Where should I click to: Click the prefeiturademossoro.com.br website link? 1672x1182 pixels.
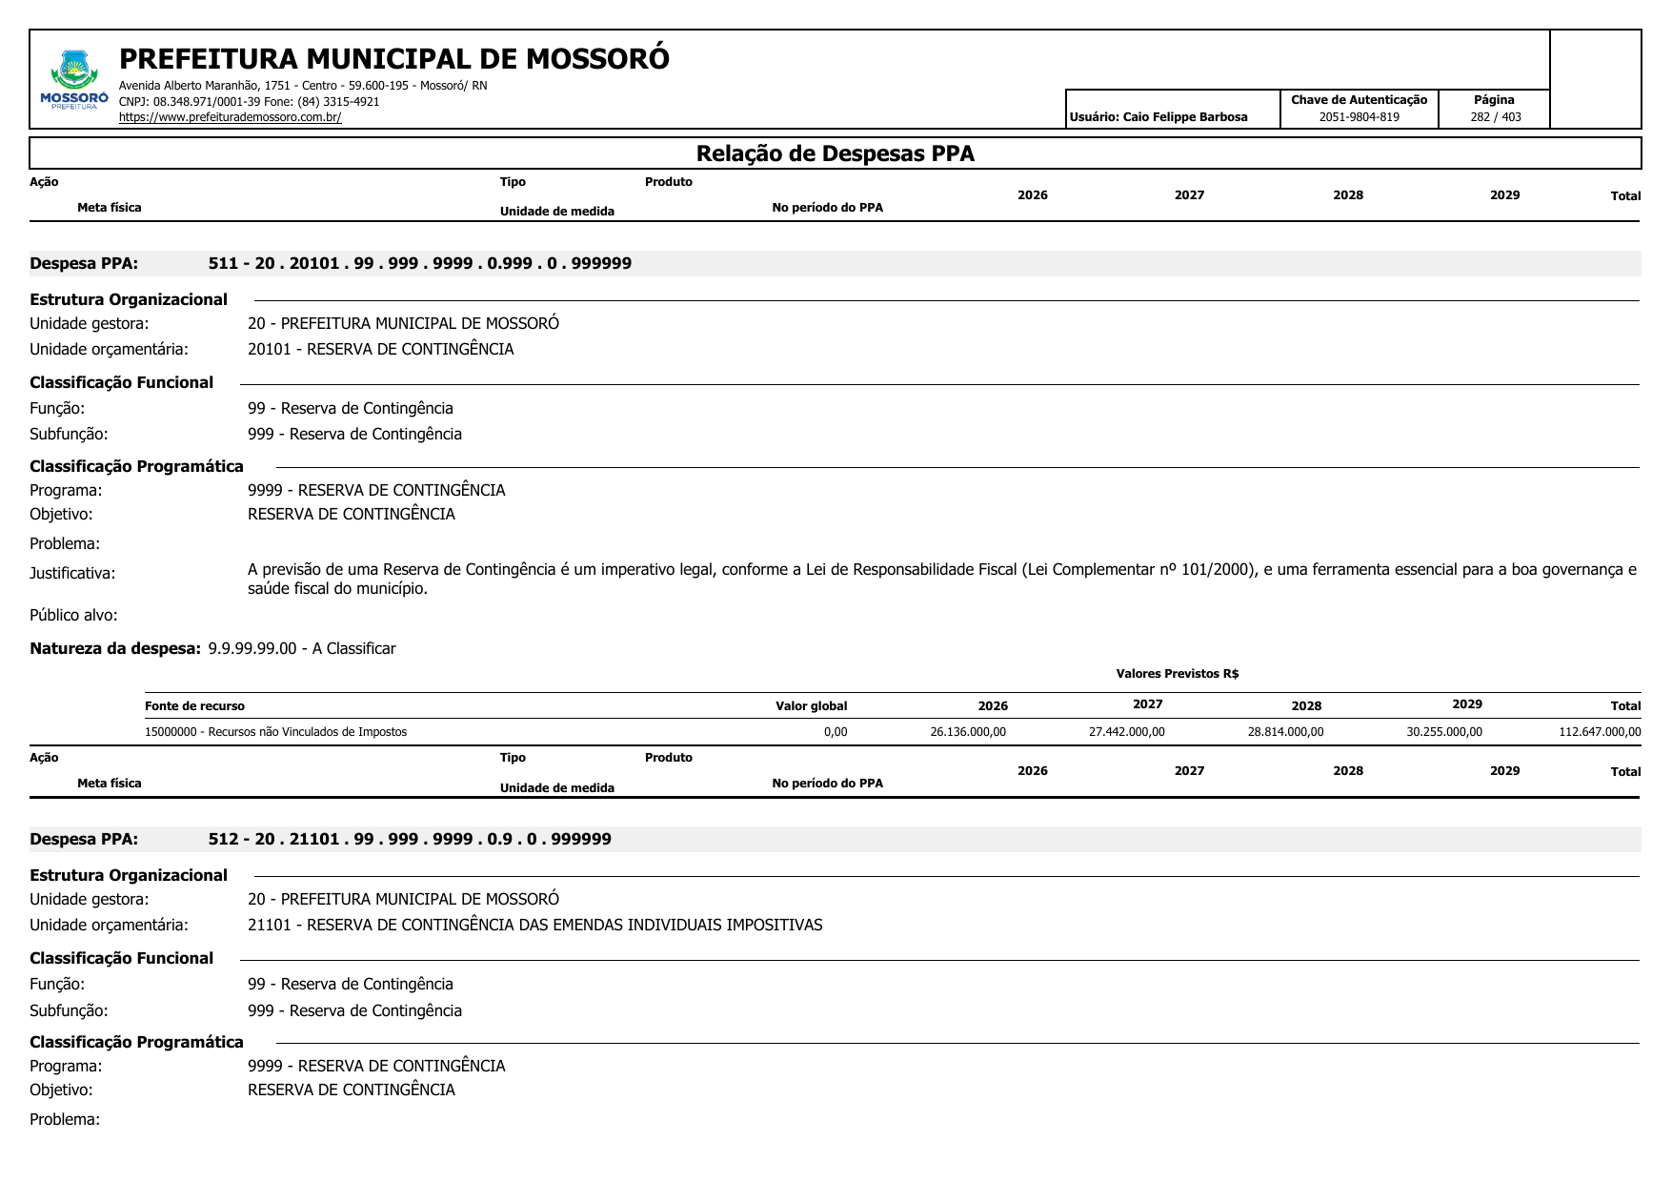[x=230, y=117]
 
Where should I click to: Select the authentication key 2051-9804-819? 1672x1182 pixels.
[x=1359, y=117]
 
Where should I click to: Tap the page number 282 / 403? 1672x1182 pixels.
[x=1495, y=117]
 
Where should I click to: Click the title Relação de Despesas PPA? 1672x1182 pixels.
[x=835, y=153]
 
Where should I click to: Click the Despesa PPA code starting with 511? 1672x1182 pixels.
[x=419, y=263]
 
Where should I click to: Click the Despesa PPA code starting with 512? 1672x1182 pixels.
[x=410, y=839]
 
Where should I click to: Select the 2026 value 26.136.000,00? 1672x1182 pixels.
[x=967, y=732]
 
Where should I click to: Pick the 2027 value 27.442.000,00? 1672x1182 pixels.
[x=1126, y=732]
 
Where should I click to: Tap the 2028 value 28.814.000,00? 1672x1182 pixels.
[x=1285, y=732]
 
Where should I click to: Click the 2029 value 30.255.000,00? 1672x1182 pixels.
[x=1444, y=732]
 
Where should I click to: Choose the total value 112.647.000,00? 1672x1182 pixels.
[x=1600, y=732]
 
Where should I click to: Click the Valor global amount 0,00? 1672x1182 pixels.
[x=835, y=732]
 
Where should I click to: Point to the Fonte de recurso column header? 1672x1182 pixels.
[x=194, y=706]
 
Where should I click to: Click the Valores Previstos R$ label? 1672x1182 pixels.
[x=1177, y=674]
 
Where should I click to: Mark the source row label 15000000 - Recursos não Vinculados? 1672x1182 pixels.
[x=275, y=732]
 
